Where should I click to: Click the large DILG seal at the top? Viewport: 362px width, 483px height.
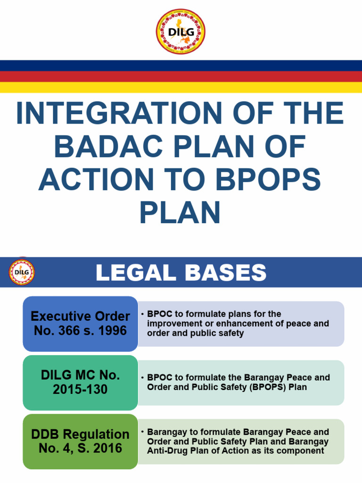click(x=181, y=32)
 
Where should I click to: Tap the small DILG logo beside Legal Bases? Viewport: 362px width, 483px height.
click(x=22, y=272)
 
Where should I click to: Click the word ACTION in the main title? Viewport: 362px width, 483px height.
click(x=96, y=180)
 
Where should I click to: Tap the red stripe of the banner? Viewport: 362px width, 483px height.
click(x=181, y=76)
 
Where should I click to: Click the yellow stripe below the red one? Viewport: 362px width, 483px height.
click(x=181, y=87)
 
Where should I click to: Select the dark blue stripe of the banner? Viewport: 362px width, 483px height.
click(x=181, y=66)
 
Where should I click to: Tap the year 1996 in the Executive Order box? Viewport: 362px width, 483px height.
click(x=113, y=331)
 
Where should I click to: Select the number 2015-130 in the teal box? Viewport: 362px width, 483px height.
click(x=80, y=389)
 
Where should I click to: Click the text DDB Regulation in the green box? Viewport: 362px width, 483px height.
click(x=80, y=434)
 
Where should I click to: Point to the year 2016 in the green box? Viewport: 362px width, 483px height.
click(x=108, y=448)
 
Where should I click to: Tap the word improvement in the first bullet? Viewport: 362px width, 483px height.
click(x=173, y=324)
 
